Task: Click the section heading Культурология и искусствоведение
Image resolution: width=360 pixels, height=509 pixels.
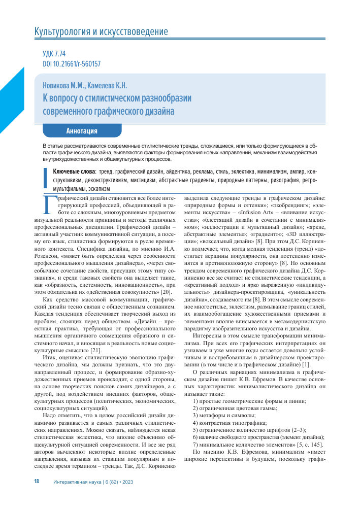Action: [x=101, y=32]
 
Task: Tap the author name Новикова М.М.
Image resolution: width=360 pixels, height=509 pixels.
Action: [x=63, y=86]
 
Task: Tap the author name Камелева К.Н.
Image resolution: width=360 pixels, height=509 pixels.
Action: [x=107, y=86]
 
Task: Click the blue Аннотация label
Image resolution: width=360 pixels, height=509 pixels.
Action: [x=82, y=130]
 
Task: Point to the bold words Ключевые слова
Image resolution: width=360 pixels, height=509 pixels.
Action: [x=75, y=172]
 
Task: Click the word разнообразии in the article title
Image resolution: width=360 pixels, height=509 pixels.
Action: [x=162, y=98]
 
